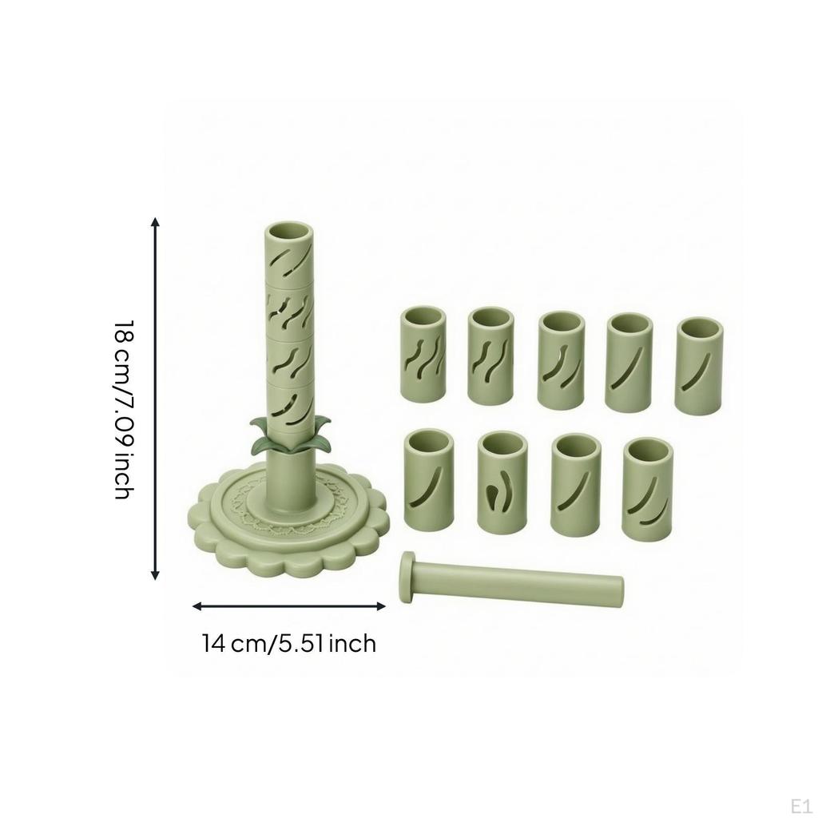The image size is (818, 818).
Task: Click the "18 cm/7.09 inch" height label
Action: click(x=125, y=410)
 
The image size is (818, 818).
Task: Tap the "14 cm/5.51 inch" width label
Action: click(x=289, y=643)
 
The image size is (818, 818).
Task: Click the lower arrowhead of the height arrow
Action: click(x=155, y=574)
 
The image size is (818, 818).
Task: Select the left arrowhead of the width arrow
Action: click(x=198, y=606)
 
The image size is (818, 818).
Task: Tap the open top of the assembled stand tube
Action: click(x=290, y=232)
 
